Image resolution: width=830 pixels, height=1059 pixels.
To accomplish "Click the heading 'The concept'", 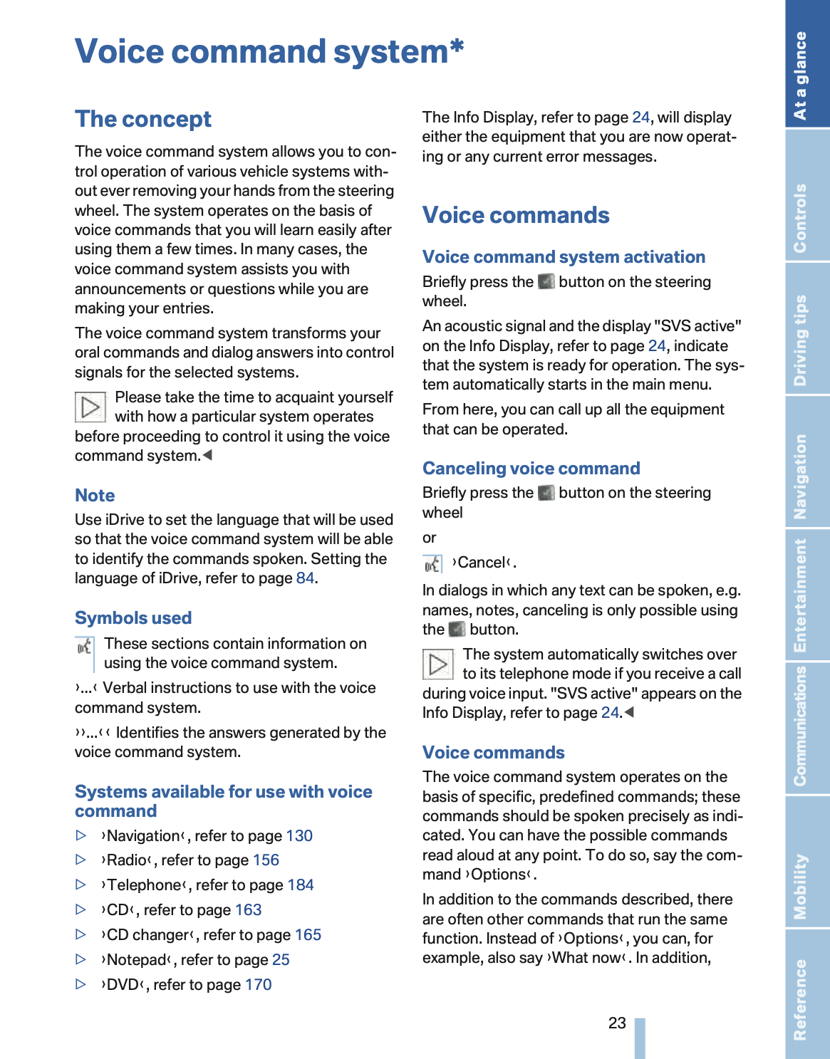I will pyautogui.click(x=143, y=119).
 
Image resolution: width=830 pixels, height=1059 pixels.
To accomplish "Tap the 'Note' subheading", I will pyautogui.click(x=95, y=496).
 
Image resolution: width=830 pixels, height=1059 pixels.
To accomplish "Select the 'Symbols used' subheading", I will pyautogui.click(x=133, y=618).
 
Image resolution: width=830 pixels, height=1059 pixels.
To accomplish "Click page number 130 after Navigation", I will pyautogui.click(x=299, y=836).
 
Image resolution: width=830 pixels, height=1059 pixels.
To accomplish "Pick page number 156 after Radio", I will pyautogui.click(x=266, y=860).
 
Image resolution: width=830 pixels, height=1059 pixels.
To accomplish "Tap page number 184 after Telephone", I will pyautogui.click(x=301, y=885).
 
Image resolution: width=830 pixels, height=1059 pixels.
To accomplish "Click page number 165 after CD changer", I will pyautogui.click(x=308, y=935).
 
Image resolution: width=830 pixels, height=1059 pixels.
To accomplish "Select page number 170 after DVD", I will pyautogui.click(x=258, y=985).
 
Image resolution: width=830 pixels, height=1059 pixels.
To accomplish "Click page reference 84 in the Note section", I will pyautogui.click(x=305, y=578).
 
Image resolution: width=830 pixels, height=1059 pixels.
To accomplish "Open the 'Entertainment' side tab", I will pyautogui.click(x=807, y=595).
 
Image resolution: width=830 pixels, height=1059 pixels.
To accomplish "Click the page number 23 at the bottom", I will pyautogui.click(x=617, y=1023).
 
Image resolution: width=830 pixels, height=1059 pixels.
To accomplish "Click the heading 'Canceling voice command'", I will pyautogui.click(x=531, y=469).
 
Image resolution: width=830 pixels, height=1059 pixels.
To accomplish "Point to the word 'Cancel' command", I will pyautogui.click(x=482, y=563).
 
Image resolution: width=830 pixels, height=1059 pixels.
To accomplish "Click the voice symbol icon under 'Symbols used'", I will pyautogui.click(x=85, y=647).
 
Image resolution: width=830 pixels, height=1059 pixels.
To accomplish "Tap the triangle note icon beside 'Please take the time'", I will pyautogui.click(x=90, y=407).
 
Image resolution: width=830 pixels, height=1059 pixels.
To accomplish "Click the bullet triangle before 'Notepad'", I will pyautogui.click(x=81, y=959).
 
